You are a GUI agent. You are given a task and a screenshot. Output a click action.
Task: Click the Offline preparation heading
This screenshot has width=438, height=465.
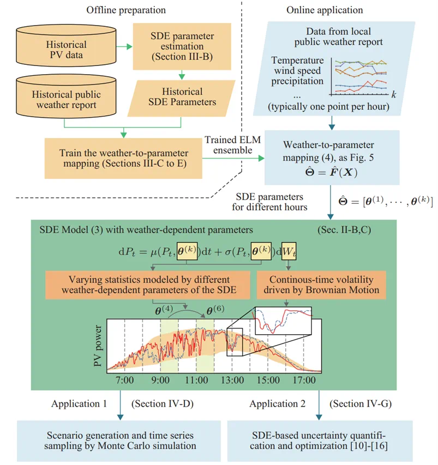(x=126, y=10)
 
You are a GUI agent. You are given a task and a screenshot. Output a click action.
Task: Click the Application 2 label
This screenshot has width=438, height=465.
(x=276, y=404)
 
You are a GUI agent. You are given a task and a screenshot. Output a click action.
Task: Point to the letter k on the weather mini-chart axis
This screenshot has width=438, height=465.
(x=394, y=94)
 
